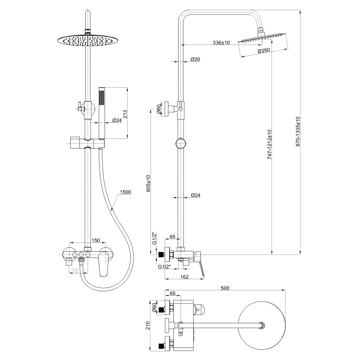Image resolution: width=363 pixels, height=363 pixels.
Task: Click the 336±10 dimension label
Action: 221,43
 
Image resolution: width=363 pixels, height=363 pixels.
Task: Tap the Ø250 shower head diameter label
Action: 263,51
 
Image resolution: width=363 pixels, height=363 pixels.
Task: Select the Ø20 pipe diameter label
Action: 196,59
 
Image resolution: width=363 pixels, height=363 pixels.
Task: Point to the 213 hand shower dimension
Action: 125,114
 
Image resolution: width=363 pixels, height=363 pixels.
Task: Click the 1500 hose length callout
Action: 125,192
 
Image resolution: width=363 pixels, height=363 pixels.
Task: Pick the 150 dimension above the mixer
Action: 96,240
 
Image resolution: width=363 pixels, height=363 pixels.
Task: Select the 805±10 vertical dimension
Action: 149,184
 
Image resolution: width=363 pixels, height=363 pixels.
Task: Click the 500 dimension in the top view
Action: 225,289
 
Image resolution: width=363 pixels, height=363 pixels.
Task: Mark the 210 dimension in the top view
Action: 149,327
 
